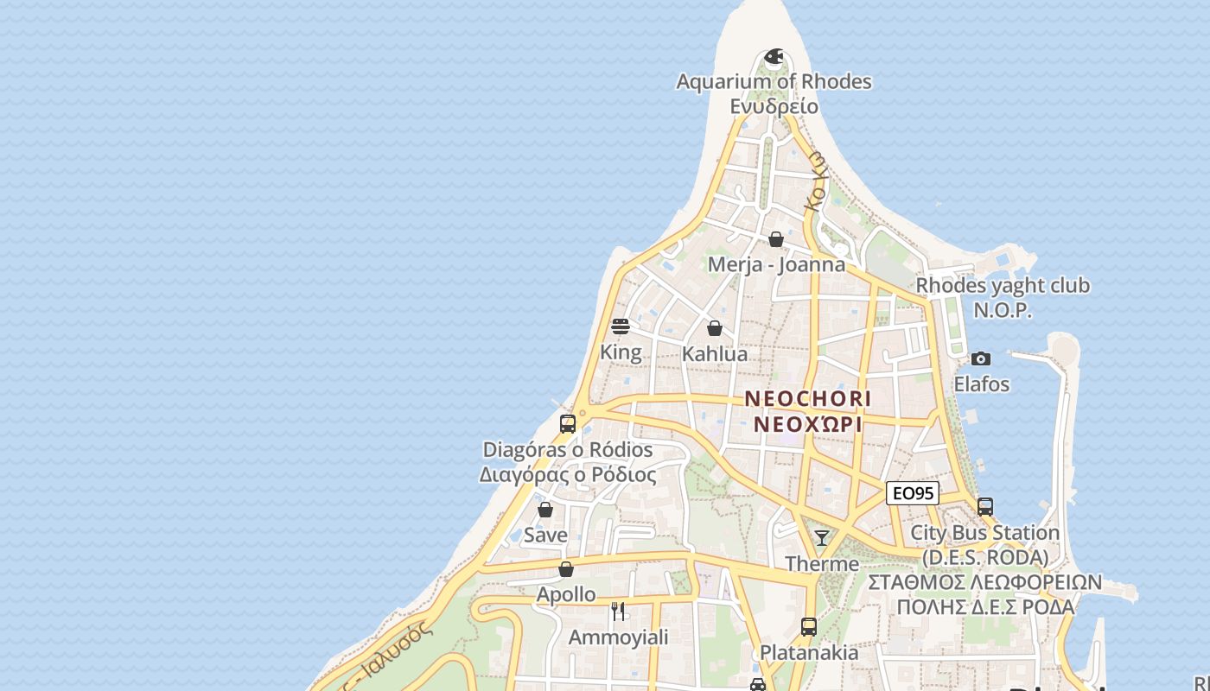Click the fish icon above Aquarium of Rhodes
tap(774, 58)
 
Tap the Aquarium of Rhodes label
tap(774, 82)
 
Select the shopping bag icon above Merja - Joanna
tap(776, 239)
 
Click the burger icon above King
tap(620, 326)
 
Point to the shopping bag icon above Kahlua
tap(715, 328)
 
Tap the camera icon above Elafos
tap(981, 358)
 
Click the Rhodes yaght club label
tap(1003, 286)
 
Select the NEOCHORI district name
tap(808, 399)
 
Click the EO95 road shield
tap(913, 493)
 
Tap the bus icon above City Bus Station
tap(985, 507)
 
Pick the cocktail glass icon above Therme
tap(822, 538)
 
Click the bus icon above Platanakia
tap(809, 626)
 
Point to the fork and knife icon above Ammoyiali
tap(618, 612)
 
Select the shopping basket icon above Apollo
tap(566, 569)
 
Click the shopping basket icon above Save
tap(545, 510)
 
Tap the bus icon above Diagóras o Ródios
tap(568, 423)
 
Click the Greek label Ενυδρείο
tap(774, 106)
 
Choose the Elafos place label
tap(981, 384)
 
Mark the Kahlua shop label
tap(715, 354)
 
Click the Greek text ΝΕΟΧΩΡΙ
tap(808, 425)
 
